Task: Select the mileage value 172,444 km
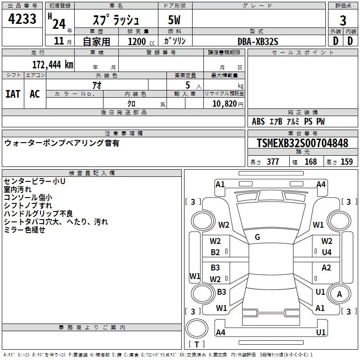point(53,64)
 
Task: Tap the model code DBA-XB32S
point(258,41)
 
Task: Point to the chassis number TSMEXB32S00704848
point(302,143)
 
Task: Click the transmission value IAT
point(13,94)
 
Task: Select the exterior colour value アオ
point(96,85)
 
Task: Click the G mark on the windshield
point(257,237)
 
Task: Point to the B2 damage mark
point(216,252)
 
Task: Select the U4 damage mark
point(327,252)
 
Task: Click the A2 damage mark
point(327,268)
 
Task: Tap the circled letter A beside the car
point(340,294)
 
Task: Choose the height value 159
point(346,162)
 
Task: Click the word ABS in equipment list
point(258,121)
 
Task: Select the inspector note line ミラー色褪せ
point(24,229)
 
